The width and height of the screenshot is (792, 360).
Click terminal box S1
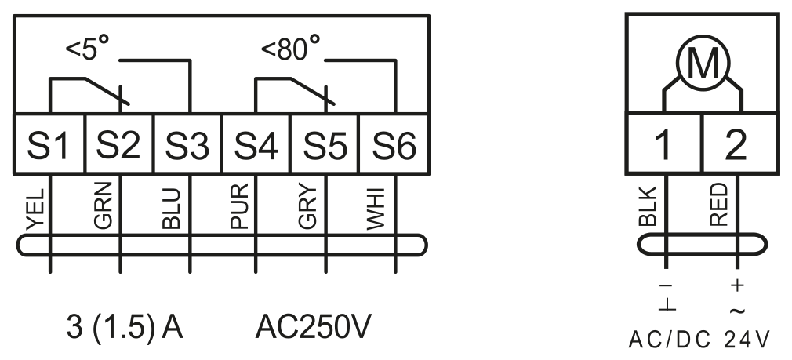point(49,144)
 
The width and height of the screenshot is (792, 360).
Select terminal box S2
point(119,144)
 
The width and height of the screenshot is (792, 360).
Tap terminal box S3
point(188,144)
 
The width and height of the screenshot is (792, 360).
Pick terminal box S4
point(256,144)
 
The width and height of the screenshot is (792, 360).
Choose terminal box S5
point(325,144)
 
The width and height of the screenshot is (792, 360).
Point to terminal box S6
point(394,144)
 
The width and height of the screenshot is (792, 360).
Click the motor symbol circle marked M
point(703,63)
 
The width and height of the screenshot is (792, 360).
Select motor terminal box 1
point(664,144)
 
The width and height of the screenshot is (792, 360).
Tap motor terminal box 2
point(740,144)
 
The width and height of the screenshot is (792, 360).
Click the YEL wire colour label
point(36,209)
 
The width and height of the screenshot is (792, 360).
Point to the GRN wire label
point(104,206)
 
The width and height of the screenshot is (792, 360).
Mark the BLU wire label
point(173,209)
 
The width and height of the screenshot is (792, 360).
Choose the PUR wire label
point(239,206)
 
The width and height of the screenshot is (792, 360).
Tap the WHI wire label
point(376,209)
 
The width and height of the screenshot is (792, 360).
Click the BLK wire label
point(648,206)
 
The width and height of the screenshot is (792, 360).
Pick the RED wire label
point(719,205)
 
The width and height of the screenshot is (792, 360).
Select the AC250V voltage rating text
point(313,327)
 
